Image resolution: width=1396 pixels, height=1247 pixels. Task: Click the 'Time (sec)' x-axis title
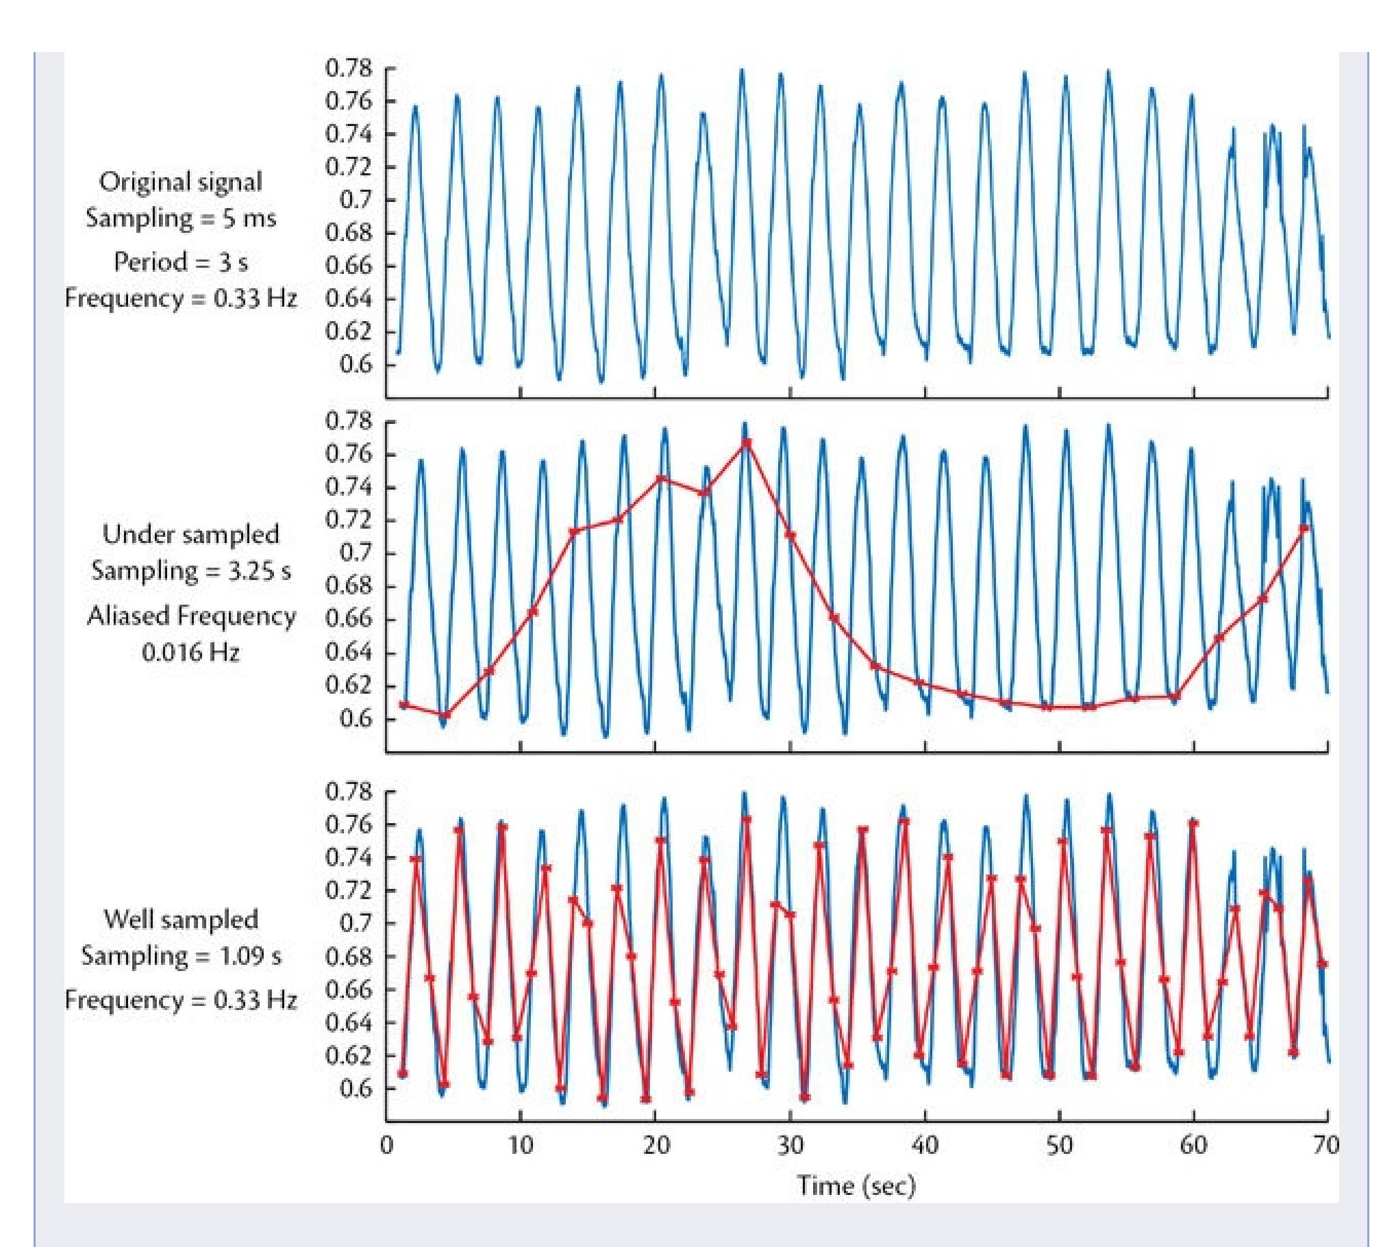coord(856,1185)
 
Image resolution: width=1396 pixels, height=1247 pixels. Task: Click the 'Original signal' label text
coord(180,182)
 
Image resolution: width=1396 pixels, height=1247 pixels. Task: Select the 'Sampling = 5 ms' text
coord(180,218)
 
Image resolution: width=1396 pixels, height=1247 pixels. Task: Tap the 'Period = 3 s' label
coord(180,262)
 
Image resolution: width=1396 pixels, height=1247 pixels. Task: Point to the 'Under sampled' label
coord(190,534)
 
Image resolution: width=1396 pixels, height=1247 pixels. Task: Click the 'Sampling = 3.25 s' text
coord(190,570)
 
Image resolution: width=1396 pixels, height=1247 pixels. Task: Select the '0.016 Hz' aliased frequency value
coord(190,652)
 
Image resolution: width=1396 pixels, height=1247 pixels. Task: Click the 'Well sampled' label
coord(180,920)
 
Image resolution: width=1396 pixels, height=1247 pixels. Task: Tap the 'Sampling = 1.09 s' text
coord(180,956)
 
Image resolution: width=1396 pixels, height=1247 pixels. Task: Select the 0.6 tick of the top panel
coord(356,364)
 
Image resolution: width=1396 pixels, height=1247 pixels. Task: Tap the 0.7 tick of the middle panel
coord(356,553)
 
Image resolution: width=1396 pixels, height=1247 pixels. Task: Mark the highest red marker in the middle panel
coord(747,443)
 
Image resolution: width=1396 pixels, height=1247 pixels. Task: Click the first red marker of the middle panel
coord(404,705)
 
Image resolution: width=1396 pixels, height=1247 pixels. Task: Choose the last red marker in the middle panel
coord(1304,528)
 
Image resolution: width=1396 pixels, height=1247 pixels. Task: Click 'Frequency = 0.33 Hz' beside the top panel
coord(180,299)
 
